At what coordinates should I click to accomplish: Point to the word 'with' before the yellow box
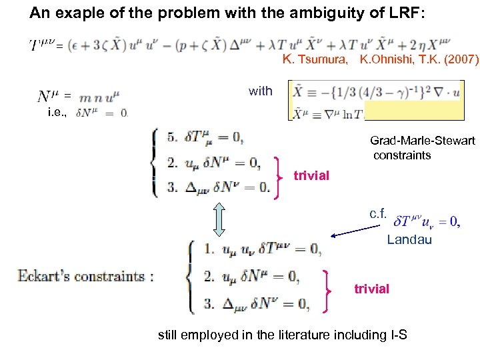[260, 91]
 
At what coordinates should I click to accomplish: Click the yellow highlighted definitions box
[377, 100]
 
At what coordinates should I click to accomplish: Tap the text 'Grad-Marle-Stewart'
[423, 141]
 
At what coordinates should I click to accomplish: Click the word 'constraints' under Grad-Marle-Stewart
[402, 155]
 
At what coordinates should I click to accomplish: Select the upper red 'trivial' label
[311, 175]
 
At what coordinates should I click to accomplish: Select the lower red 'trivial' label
[371, 289]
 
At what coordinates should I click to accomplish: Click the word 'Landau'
[409, 240]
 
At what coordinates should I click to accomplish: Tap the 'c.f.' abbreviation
[378, 214]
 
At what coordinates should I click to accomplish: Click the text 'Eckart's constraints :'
[85, 276]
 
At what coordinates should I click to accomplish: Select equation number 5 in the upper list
[172, 139]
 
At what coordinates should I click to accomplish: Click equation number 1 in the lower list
[209, 250]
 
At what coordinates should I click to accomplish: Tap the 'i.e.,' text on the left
[57, 113]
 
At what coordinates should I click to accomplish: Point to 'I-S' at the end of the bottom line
[396, 335]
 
